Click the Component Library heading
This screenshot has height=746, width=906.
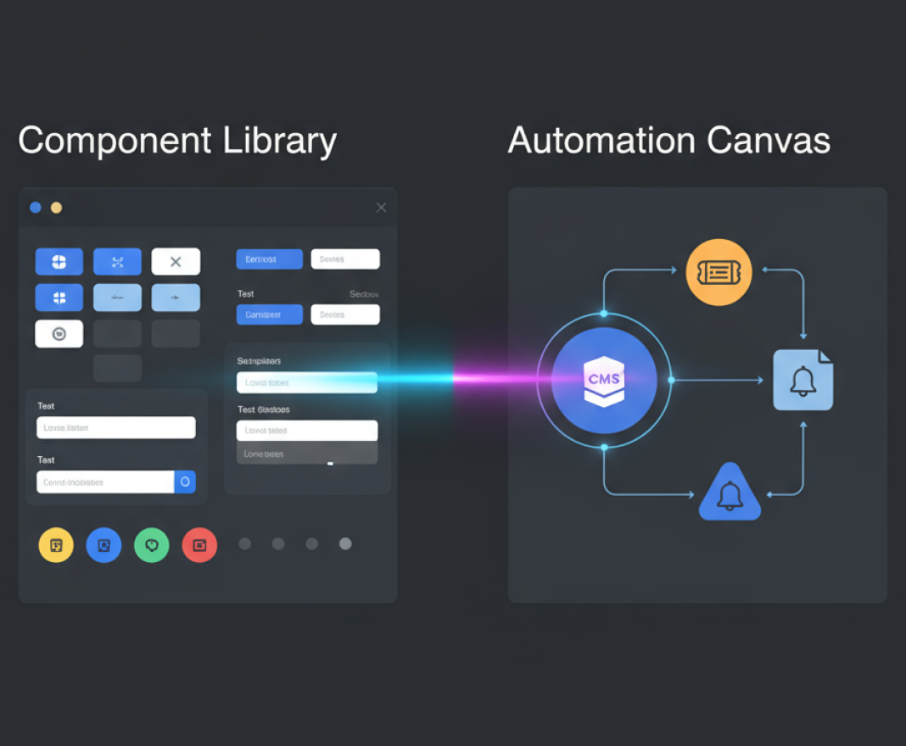[x=177, y=141]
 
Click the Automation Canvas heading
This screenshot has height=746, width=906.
[x=668, y=141]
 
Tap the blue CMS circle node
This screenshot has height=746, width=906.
[x=604, y=379]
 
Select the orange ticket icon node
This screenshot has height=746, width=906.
[x=719, y=272]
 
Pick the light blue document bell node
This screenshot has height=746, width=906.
[x=803, y=381]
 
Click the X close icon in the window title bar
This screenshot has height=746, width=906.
[x=381, y=208]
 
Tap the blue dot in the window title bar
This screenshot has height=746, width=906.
[x=36, y=208]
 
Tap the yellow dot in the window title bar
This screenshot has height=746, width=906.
[x=56, y=208]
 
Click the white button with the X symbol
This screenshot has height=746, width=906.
[x=176, y=262]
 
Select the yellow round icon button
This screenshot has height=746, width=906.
[x=56, y=545]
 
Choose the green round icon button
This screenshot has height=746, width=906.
[x=152, y=545]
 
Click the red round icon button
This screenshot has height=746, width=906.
[x=199, y=545]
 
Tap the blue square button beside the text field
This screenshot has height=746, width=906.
[x=185, y=482]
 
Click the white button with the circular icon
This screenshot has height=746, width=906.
[x=59, y=334]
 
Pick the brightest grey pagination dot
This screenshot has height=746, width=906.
[x=345, y=544]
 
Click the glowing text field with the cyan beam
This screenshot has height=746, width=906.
[x=306, y=382]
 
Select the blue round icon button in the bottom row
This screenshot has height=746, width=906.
[x=103, y=545]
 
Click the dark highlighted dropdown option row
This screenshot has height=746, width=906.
[x=306, y=454]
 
